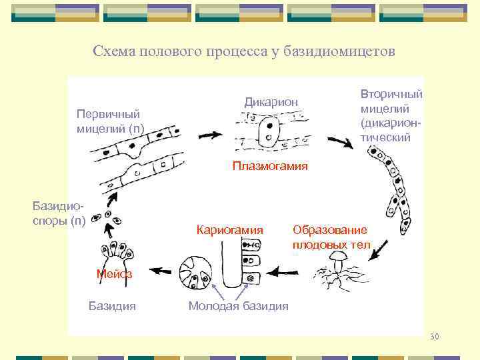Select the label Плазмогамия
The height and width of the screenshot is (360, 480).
pos(270,166)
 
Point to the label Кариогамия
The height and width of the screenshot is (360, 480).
pos(230,230)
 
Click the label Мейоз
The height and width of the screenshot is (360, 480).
pos(114,273)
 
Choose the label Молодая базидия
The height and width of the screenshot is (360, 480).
pos(239,306)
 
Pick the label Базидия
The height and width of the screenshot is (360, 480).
pos(112,306)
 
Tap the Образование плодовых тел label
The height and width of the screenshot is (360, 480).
pos(329,237)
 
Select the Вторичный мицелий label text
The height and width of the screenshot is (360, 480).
pos(391,116)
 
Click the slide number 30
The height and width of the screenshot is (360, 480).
pos(435,335)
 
